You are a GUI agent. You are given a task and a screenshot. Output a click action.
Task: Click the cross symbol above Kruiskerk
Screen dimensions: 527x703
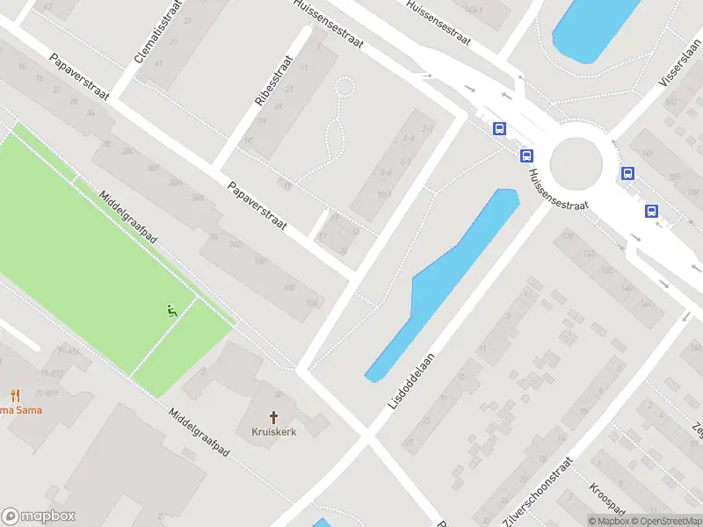(x=273, y=417)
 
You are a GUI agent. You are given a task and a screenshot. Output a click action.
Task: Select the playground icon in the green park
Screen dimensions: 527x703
(x=172, y=309)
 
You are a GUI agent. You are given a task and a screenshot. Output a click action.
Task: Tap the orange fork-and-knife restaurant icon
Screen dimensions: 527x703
(x=14, y=396)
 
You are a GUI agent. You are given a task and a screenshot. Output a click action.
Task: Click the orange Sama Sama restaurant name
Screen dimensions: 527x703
(x=19, y=410)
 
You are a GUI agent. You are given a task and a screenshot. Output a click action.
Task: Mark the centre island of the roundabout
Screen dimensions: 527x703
(x=576, y=162)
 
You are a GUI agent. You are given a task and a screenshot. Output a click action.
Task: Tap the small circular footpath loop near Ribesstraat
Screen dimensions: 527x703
(x=345, y=88)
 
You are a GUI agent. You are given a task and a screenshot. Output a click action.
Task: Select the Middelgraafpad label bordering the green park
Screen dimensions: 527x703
(x=132, y=226)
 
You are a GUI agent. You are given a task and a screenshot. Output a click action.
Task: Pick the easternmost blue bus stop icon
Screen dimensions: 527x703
(x=652, y=211)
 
